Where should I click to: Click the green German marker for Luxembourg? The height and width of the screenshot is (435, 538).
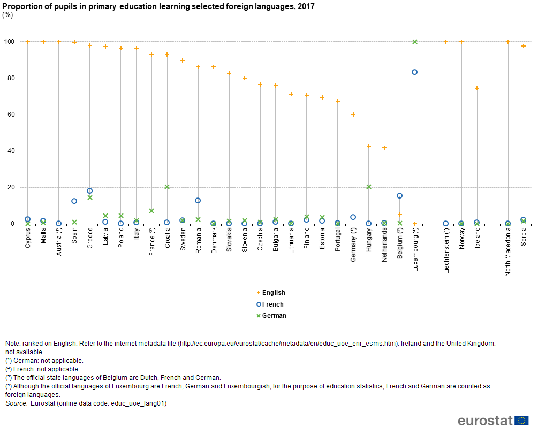pos(415,42)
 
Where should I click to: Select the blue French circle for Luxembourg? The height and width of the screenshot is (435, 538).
pos(415,72)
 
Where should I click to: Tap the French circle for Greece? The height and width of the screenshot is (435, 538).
pos(90,191)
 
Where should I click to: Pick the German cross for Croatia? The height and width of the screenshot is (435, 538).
pos(167,187)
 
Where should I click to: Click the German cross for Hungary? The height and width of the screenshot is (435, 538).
pos(369,187)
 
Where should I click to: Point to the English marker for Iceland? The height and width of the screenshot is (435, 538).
pos(477,88)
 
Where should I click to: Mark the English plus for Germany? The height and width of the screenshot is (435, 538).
pos(353,115)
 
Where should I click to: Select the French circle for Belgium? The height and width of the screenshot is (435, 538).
pos(399,196)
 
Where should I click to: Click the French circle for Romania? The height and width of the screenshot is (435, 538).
pos(198,201)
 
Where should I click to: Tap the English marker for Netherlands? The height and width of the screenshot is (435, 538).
pos(384,148)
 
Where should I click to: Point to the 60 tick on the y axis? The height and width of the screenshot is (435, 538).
pos(9,115)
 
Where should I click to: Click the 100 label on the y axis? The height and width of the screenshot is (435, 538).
pos(8,42)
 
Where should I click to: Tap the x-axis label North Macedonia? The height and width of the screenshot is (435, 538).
pos(508,251)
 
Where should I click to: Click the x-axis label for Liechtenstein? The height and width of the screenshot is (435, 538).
pos(446,250)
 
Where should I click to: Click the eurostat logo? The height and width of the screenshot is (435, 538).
pos(492,421)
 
